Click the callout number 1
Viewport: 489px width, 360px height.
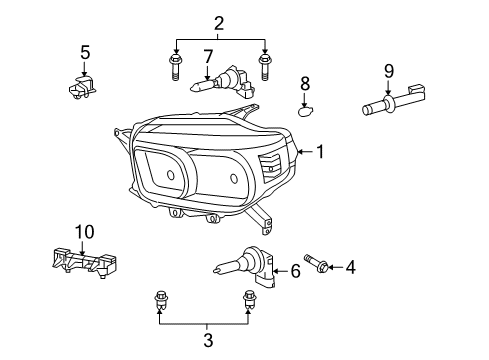tap(320, 152)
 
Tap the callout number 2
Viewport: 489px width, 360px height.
tap(219, 23)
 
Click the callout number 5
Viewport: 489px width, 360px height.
tap(85, 52)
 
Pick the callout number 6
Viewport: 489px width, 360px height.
tap(295, 270)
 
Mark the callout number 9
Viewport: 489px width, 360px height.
tap(388, 72)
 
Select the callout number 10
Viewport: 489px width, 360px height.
tap(81, 232)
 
